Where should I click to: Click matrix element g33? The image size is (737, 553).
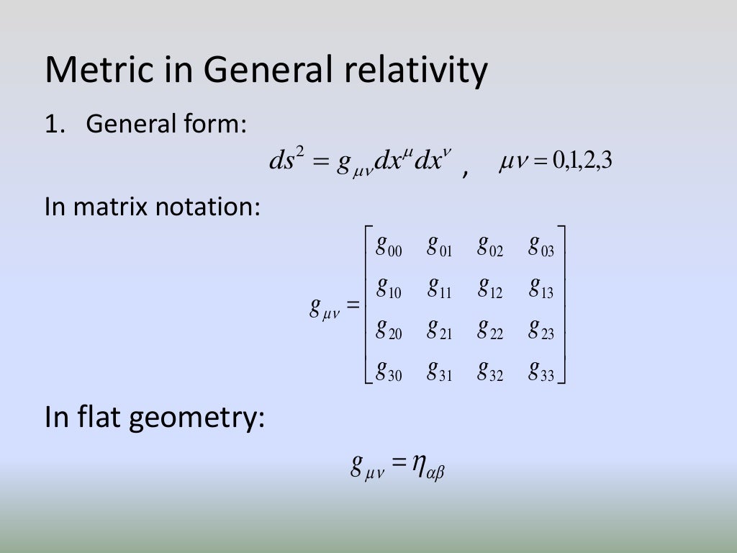coord(541,372)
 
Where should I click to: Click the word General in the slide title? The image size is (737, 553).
coord(266,71)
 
